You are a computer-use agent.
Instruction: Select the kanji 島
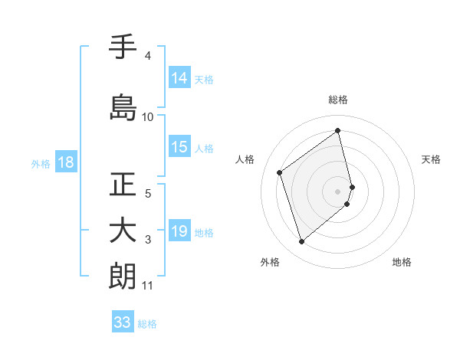point(123,107)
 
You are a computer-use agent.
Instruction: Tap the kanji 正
point(123,185)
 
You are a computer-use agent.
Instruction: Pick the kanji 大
point(123,231)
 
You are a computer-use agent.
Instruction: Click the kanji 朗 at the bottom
point(123,277)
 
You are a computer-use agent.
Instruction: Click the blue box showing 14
point(179,78)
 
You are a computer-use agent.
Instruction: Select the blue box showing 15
point(179,148)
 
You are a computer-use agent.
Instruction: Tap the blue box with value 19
point(179,232)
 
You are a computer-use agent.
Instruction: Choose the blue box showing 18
point(65,162)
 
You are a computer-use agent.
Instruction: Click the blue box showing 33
point(122,322)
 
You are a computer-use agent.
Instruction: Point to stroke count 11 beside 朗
point(148,286)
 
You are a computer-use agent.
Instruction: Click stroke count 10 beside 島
point(148,117)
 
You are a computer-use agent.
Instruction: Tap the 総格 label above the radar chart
point(338,100)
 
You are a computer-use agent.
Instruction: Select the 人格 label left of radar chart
point(245,159)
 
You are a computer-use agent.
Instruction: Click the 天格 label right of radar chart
point(431,159)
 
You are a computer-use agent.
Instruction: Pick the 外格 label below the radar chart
point(270,262)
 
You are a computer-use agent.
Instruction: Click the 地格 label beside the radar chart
point(402,262)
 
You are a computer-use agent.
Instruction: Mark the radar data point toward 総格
point(338,131)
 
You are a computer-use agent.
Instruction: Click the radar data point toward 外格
point(301,242)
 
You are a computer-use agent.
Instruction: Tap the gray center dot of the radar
point(338,190)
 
